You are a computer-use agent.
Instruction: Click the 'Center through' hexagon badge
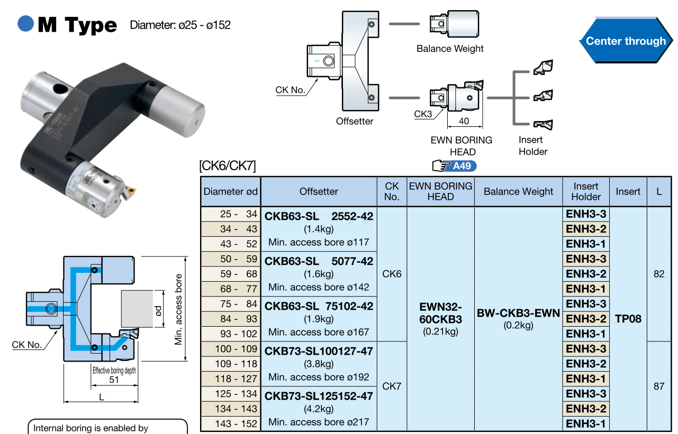[x=626, y=41]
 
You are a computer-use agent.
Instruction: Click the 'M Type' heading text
[x=77, y=25]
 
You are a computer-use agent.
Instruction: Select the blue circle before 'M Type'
[x=25, y=24]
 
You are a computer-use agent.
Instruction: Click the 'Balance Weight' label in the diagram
[x=450, y=49]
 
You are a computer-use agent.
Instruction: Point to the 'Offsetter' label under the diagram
[x=355, y=121]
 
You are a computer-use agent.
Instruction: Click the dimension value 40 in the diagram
[x=464, y=121]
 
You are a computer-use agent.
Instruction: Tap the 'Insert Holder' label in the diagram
[x=532, y=146]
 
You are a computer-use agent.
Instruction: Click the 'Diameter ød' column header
[x=231, y=191]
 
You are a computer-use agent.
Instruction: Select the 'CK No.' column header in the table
[x=392, y=191]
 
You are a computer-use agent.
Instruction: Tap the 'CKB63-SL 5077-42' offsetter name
[x=319, y=261]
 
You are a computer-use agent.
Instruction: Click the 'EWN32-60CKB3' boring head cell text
[x=440, y=313]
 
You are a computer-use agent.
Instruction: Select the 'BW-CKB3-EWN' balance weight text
[x=518, y=313]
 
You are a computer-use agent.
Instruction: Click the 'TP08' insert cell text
[x=628, y=319]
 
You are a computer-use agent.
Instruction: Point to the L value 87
[x=658, y=386]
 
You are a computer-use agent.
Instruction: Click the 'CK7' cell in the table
[x=392, y=386]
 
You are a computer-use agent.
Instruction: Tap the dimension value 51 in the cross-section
[x=114, y=380]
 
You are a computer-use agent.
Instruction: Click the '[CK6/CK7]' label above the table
[x=228, y=167]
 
